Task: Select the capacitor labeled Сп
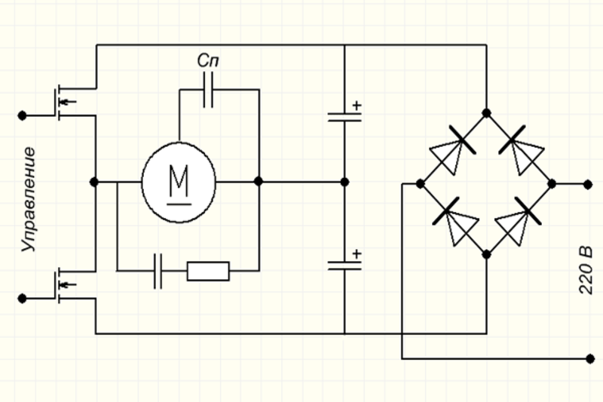pyautogui.click(x=208, y=90)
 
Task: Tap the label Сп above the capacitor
pyautogui.click(x=208, y=60)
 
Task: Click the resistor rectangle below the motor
pyautogui.click(x=209, y=272)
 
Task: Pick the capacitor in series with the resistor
pyautogui.click(x=158, y=272)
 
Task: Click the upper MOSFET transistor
pyautogui.click(x=66, y=102)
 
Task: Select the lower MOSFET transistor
pyautogui.click(x=66, y=285)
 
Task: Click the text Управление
pyautogui.click(x=29, y=199)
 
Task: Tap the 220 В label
pyautogui.click(x=586, y=270)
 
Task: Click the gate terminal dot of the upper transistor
pyautogui.click(x=23, y=115)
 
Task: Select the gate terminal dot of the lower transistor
pyautogui.click(x=23, y=299)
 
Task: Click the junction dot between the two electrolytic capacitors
pyautogui.click(x=345, y=182)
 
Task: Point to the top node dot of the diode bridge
pyautogui.click(x=486, y=113)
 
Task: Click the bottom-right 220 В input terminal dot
pyautogui.click(x=590, y=359)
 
